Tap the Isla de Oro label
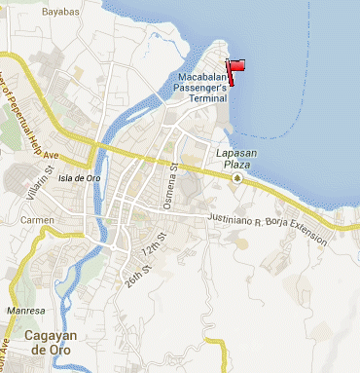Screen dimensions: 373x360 80,178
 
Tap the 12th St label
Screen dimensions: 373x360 149,255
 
